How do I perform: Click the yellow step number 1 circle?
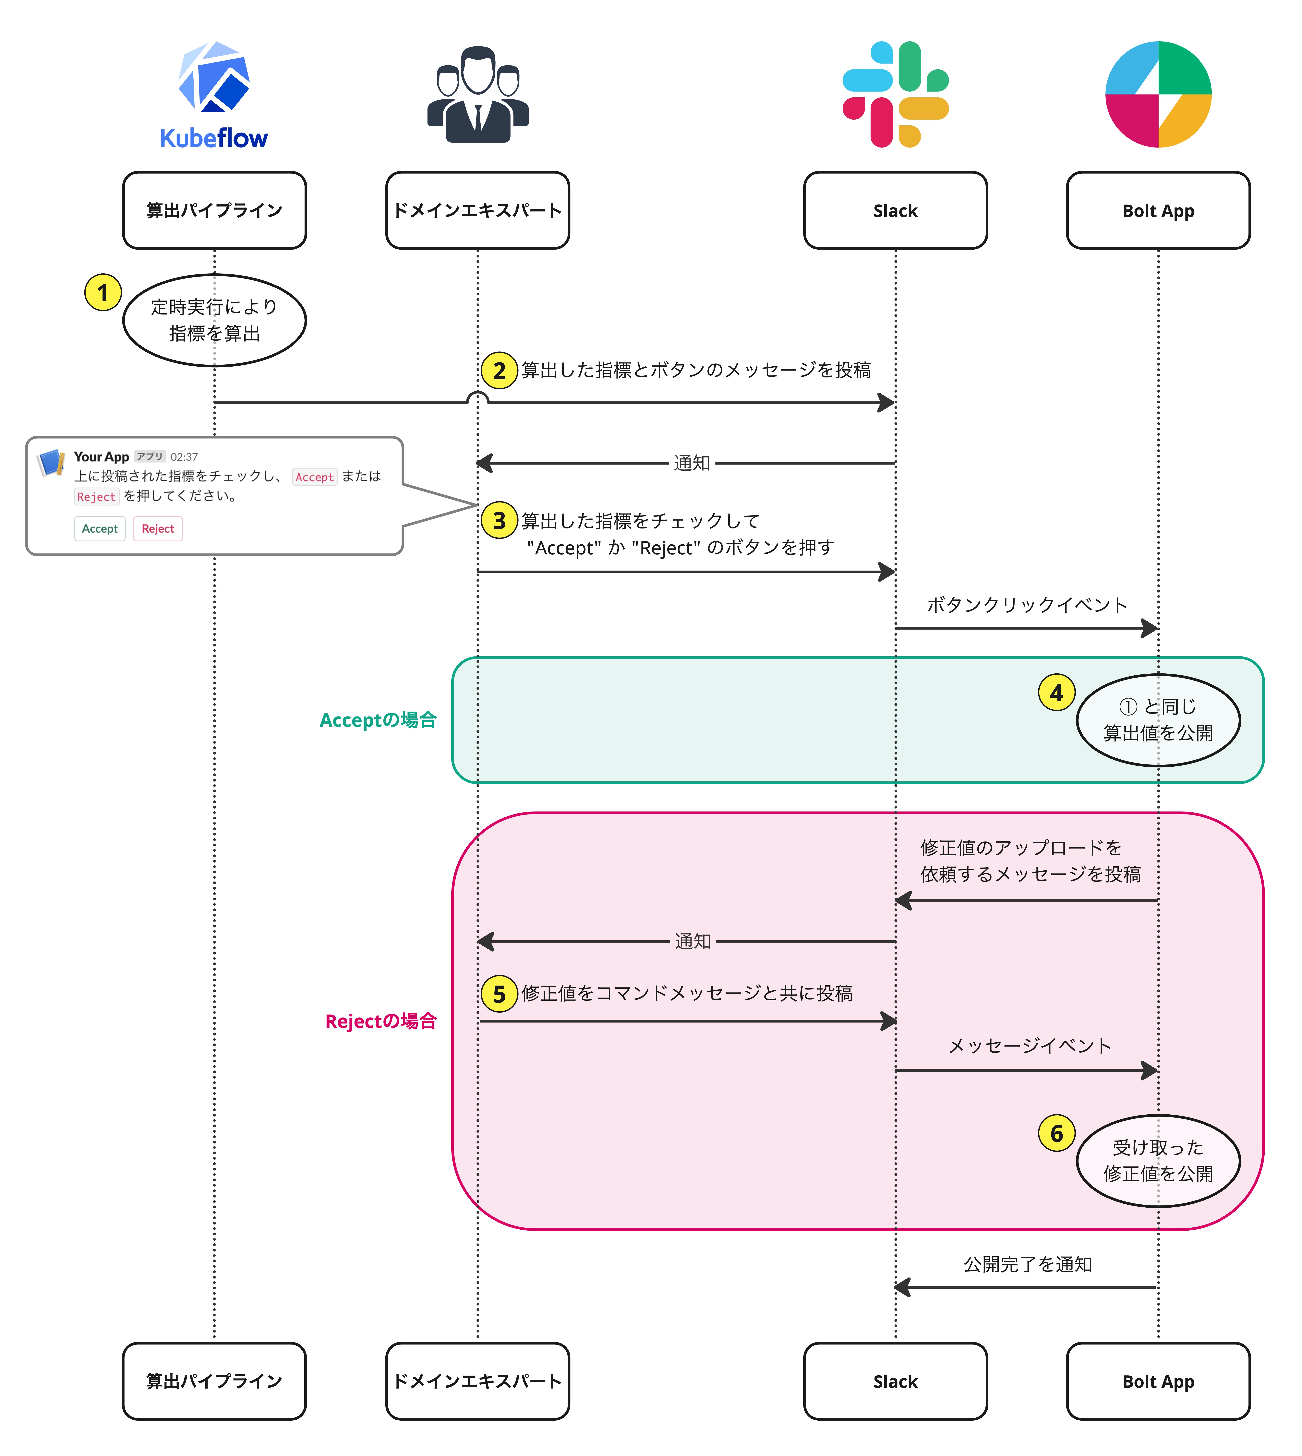coord(103,292)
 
